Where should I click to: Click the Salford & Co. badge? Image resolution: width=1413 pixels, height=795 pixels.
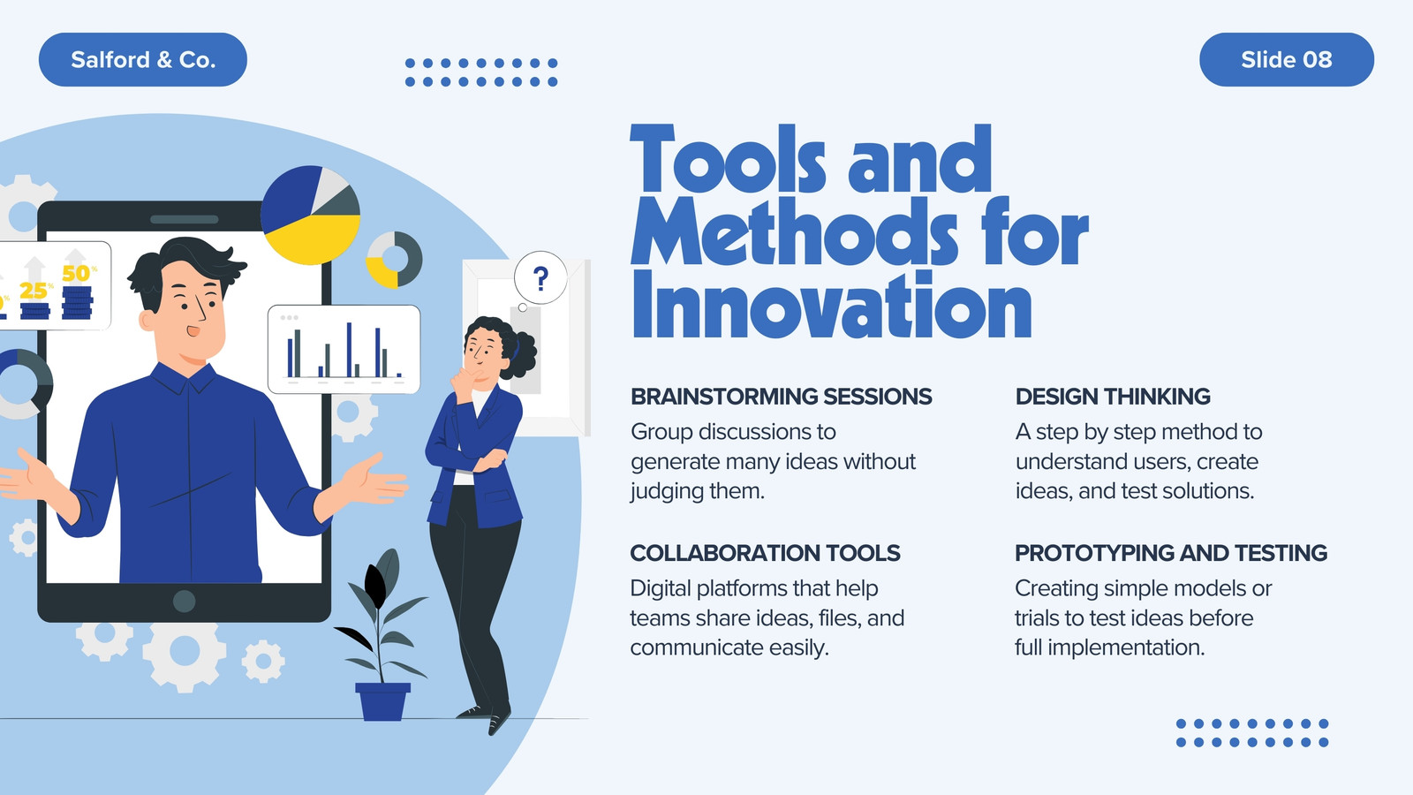pyautogui.click(x=142, y=60)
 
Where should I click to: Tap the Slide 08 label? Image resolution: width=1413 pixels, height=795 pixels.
pyautogui.click(x=1286, y=60)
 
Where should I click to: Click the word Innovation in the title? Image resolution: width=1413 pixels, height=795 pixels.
pyautogui.click(x=831, y=306)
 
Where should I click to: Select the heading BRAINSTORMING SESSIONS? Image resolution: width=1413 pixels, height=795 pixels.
pyautogui.click(x=781, y=397)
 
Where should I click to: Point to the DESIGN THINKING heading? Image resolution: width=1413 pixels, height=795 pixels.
pyautogui.click(x=1113, y=397)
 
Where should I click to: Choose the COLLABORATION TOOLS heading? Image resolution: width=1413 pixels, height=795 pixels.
pyautogui.click(x=765, y=553)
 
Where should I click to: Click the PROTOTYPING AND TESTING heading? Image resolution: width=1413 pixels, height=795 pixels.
pyautogui.click(x=1171, y=553)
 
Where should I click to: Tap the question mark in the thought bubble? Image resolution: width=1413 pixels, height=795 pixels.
pyautogui.click(x=540, y=278)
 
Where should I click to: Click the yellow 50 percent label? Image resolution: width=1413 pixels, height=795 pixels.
pyautogui.click(x=76, y=273)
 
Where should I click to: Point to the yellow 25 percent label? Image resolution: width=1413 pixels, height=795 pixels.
pyautogui.click(x=34, y=291)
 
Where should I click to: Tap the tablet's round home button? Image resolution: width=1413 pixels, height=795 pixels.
pyautogui.click(x=185, y=602)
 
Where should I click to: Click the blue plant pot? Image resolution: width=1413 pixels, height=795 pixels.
pyautogui.click(x=382, y=701)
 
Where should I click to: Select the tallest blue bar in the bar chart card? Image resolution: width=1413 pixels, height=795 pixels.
pyautogui.click(x=349, y=350)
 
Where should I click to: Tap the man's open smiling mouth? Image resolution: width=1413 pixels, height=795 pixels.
pyautogui.click(x=193, y=330)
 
